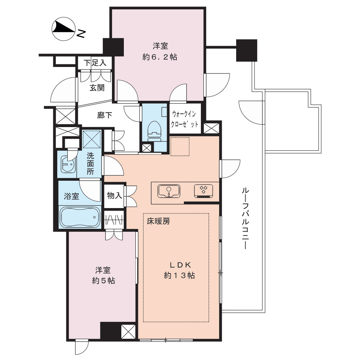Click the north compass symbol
tap(64, 29)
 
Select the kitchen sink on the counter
tap(169, 191)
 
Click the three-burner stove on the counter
tap(203, 191)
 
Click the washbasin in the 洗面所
tap(68, 164)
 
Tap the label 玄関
tap(97, 87)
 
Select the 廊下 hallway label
tap(104, 115)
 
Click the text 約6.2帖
tap(160, 57)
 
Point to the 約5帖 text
tap(103, 280)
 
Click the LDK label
tap(180, 265)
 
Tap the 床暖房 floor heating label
tap(158, 221)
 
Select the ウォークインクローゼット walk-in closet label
tap(185, 119)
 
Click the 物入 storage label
tap(114, 195)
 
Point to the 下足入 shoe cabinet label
tap(95, 63)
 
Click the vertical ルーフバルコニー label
tap(245, 219)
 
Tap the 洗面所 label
tap(90, 163)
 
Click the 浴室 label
tap(71, 196)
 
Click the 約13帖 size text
tap(180, 275)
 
